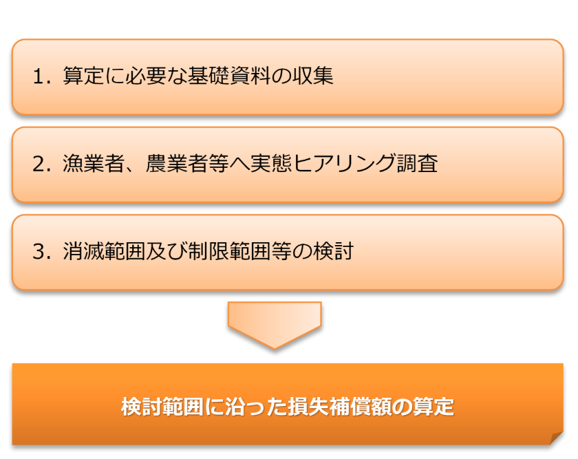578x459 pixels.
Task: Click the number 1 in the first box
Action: tap(39, 76)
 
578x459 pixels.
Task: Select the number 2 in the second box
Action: tap(39, 164)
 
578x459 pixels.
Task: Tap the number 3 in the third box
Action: tap(39, 252)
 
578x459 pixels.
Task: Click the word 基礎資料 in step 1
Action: tap(229, 76)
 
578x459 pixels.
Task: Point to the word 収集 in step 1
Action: tap(313, 76)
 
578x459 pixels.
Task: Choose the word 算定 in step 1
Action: tap(84, 76)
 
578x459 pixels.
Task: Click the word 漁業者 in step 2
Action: tap(94, 164)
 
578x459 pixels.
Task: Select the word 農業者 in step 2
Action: tap(177, 164)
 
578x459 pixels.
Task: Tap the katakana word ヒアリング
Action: tap(344, 164)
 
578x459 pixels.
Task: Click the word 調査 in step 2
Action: tap(417, 164)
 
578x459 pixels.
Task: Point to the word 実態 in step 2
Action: tap(271, 164)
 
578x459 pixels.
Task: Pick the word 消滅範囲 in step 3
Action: tap(105, 251)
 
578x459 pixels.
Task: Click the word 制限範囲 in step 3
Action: tap(229, 251)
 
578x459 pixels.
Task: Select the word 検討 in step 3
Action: tap(334, 251)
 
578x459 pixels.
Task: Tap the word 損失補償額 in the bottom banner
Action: tap(340, 407)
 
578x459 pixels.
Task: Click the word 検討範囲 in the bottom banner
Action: tap(162, 407)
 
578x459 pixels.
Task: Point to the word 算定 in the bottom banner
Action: tap(433, 407)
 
